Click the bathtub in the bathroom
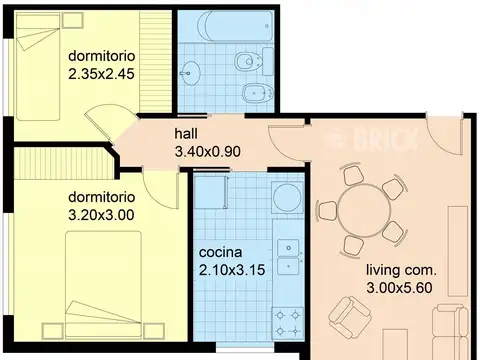[x=235, y=26]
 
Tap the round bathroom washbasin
[x=190, y=72]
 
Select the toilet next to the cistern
[x=248, y=61]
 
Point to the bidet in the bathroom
[x=257, y=93]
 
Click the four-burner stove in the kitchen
[x=288, y=323]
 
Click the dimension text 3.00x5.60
[x=399, y=288]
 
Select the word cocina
[x=220, y=252]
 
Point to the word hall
[x=186, y=134]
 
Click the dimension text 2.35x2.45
[x=101, y=74]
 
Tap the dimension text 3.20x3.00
[x=101, y=215]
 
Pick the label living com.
[x=401, y=270]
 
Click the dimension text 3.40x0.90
[x=208, y=152]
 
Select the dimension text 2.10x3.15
[x=232, y=270]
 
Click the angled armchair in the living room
[x=350, y=317]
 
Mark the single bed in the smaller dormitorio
[x=38, y=66]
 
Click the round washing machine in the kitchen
[x=287, y=197]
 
